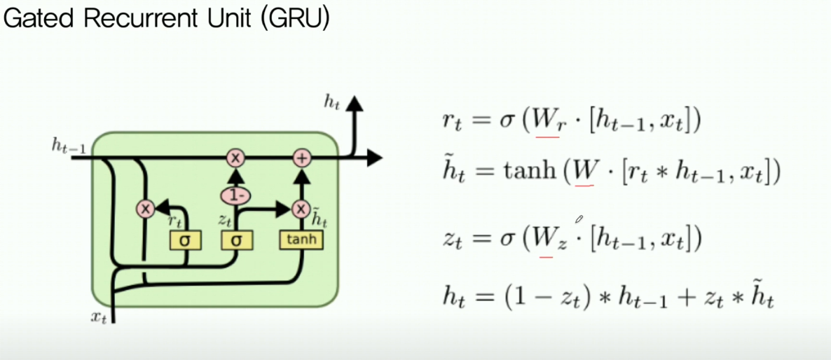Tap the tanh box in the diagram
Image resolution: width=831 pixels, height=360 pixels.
[302, 240]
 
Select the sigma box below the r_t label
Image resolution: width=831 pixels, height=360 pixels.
[185, 240]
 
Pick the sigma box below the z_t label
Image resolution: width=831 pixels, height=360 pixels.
[236, 240]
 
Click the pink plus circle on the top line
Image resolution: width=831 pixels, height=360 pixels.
[302, 158]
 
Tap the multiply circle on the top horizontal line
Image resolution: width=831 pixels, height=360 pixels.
[236, 158]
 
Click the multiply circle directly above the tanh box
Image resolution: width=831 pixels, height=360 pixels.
[301, 208]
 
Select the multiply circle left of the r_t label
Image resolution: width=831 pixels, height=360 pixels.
[145, 208]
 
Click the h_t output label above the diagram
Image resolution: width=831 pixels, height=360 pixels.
[331, 102]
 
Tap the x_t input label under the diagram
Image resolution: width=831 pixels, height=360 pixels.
[99, 317]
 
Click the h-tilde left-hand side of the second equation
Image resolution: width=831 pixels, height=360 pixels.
[451, 172]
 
